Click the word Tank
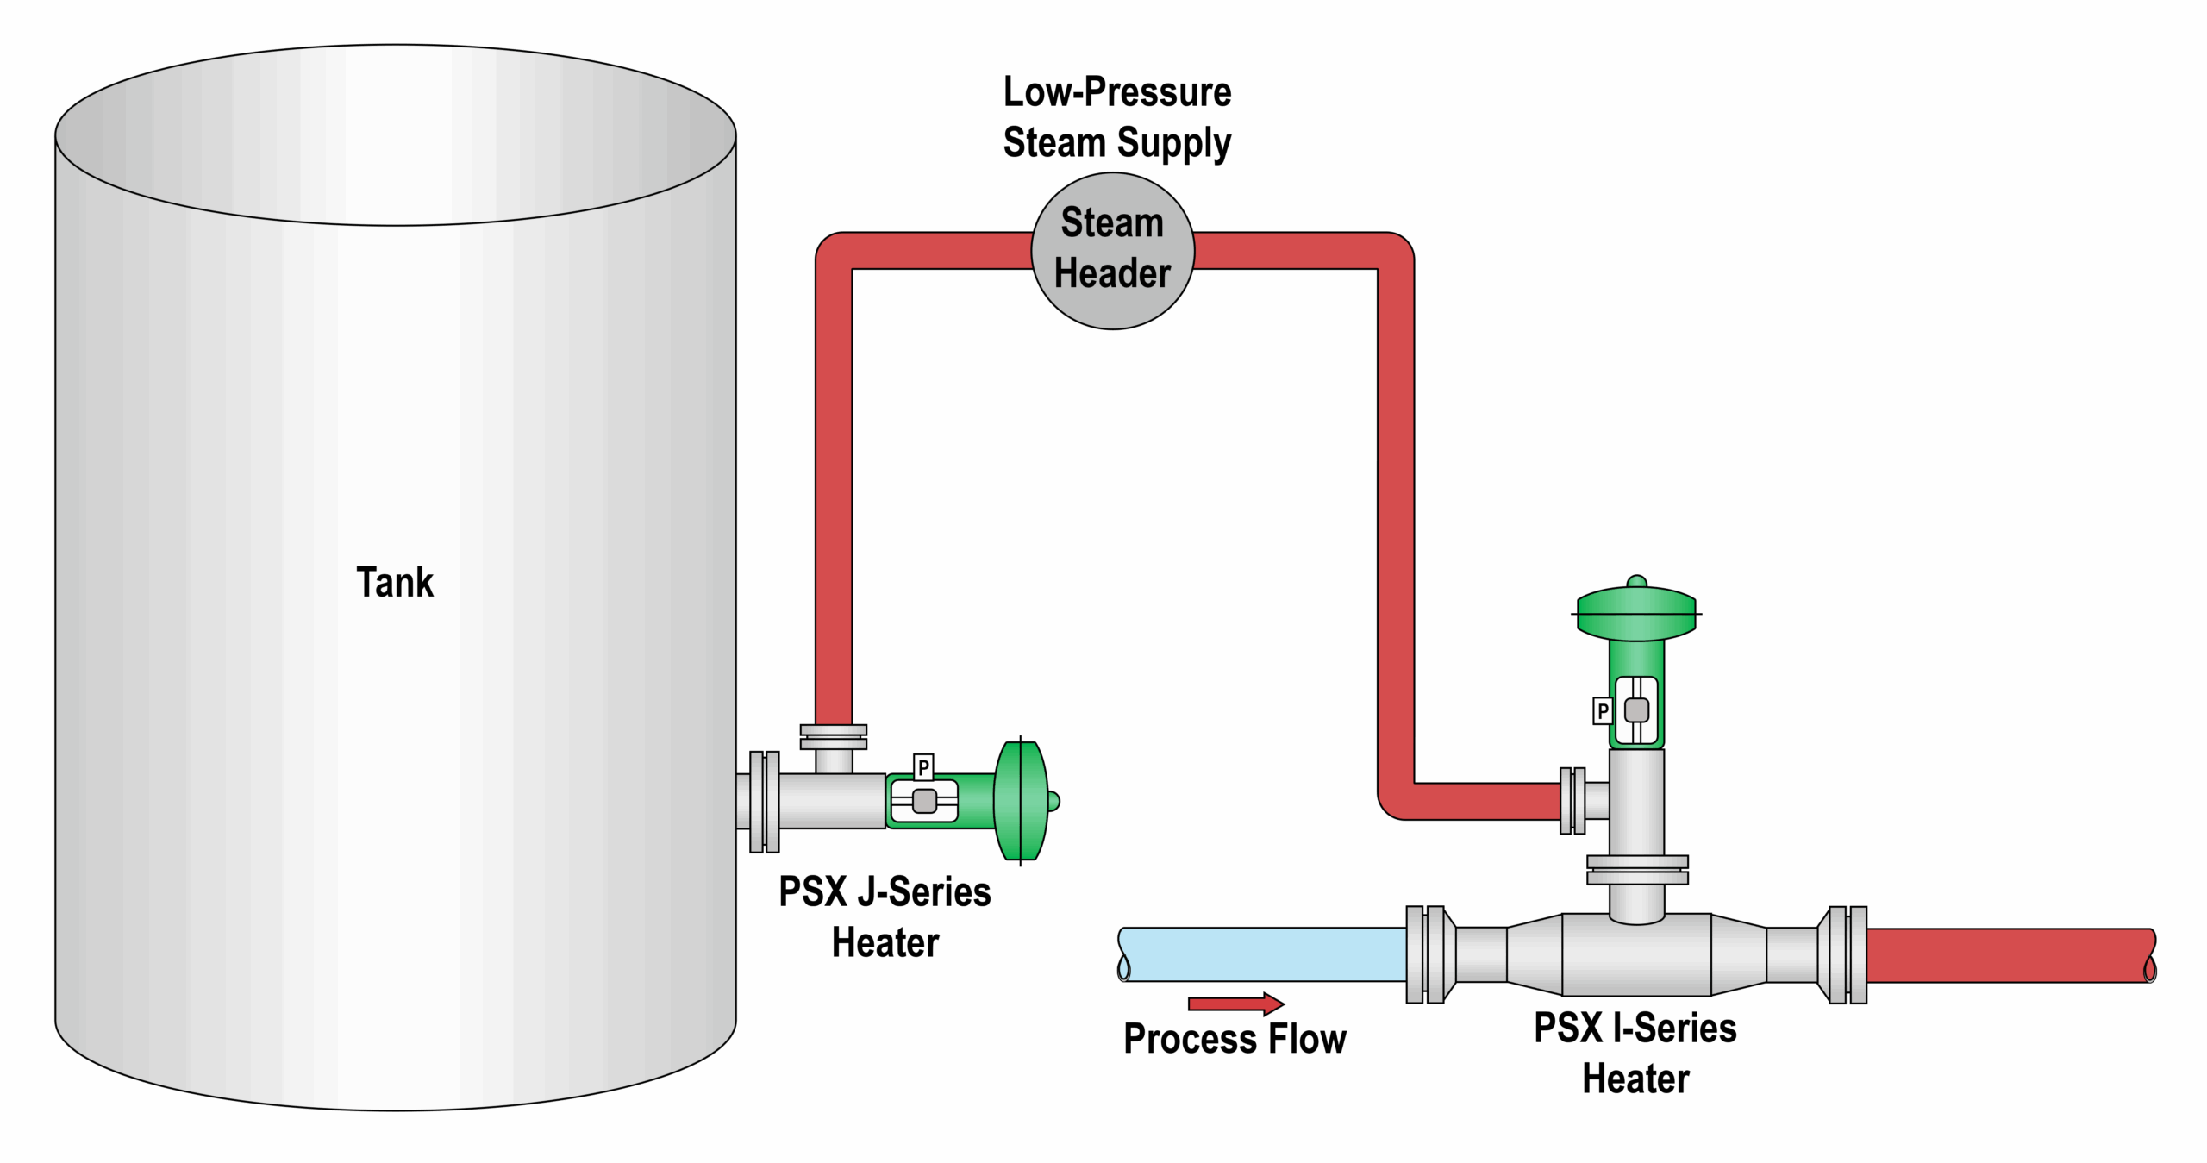(395, 583)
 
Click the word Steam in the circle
(1112, 222)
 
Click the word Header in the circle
(1112, 273)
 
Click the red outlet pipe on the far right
(2009, 955)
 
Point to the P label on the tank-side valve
(923, 767)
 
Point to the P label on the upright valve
(1603, 711)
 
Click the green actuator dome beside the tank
(1021, 801)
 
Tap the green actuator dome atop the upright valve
(1636, 614)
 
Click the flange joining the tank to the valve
(764, 802)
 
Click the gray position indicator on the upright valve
(1636, 710)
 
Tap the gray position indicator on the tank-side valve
(924, 801)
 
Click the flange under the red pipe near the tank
(833, 737)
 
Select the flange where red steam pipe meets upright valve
(1572, 801)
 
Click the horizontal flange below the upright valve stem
(1637, 870)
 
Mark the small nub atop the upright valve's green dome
(1637, 582)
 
